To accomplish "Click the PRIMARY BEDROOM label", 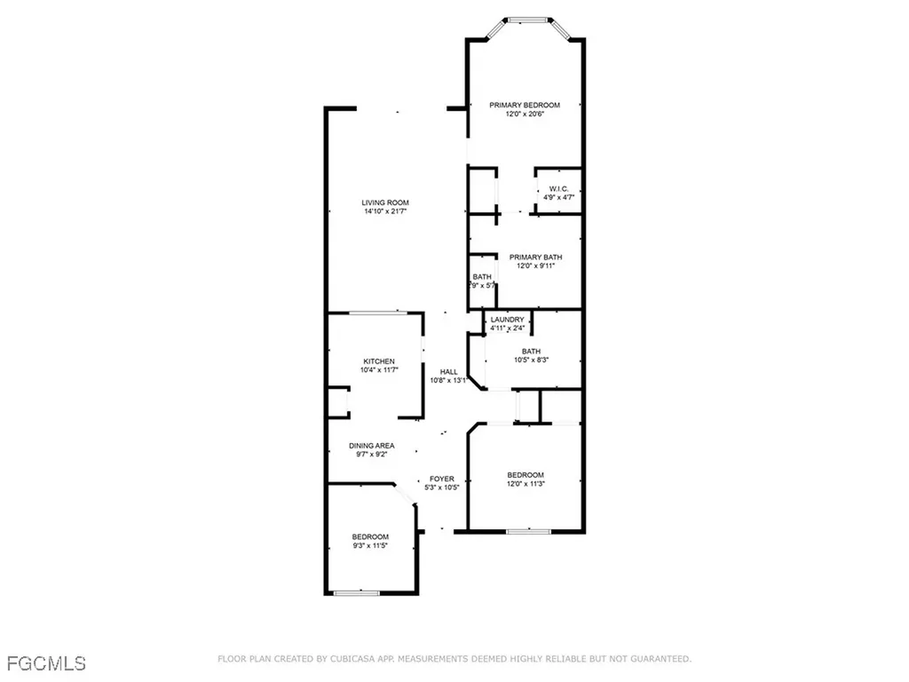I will (525, 105).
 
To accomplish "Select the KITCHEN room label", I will (379, 361).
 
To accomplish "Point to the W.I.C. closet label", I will (558, 188).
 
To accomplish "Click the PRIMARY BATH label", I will (534, 258).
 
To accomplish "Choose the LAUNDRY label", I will (508, 320).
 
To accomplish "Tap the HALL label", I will (449, 372).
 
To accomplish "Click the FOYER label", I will (442, 479).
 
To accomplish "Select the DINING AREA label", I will (371, 446).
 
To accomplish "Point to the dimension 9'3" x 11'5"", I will (370, 546).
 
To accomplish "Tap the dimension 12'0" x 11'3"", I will (526, 484).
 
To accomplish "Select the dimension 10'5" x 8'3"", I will (531, 361).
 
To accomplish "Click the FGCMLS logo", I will (46, 662).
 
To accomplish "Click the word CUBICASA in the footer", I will (351, 659).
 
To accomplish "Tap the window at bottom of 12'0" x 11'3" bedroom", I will (528, 532).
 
